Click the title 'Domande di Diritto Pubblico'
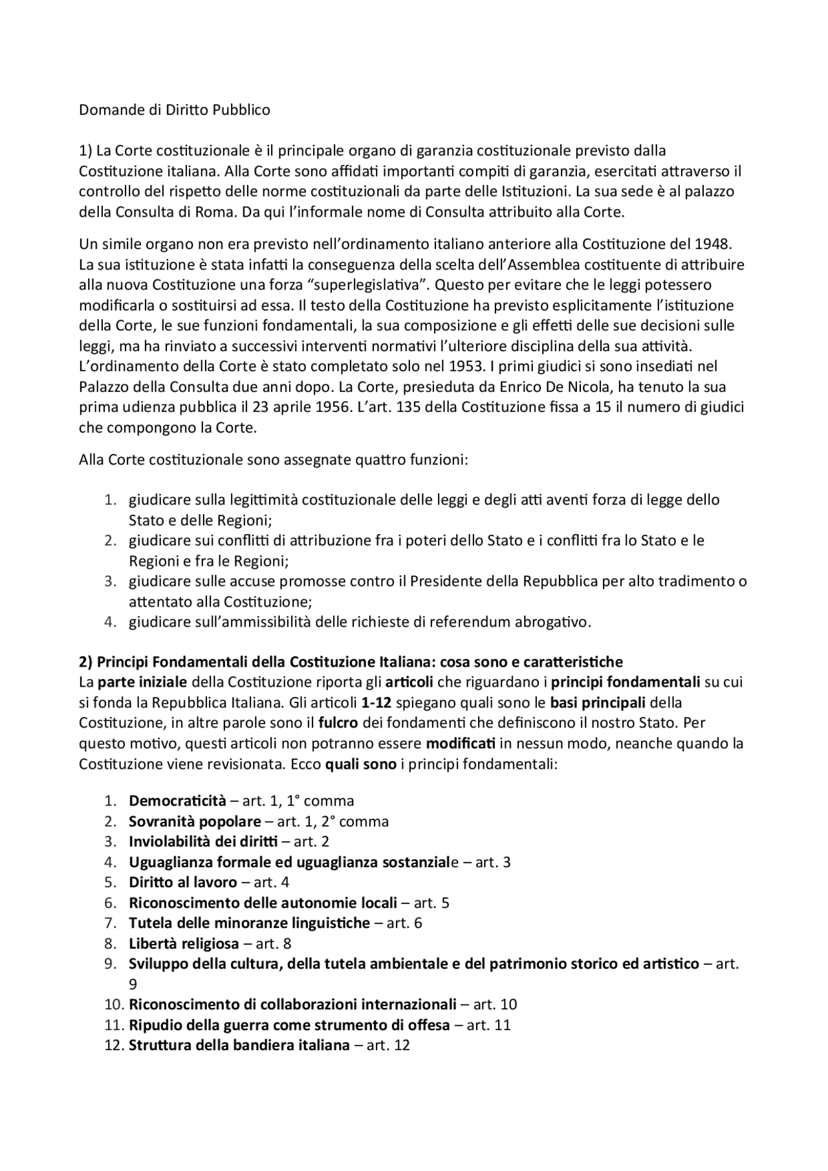tap(175, 110)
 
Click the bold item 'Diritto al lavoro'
tap(183, 882)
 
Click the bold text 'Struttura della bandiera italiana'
tap(239, 1045)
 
